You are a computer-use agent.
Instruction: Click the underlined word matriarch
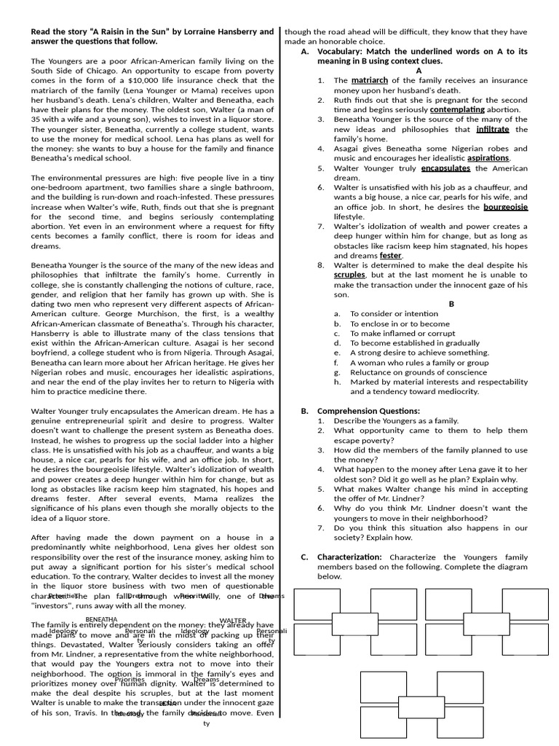coord(370,80)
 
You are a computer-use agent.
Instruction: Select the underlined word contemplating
coord(457,109)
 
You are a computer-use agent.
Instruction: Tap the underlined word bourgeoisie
coord(506,207)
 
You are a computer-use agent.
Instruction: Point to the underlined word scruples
coord(349,275)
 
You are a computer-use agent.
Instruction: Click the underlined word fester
coord(390,256)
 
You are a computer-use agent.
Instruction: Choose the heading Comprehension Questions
coord(378,411)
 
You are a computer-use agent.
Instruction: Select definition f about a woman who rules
coord(419,362)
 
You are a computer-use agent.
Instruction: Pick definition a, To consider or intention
coord(394,313)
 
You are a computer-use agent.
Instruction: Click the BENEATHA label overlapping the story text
coord(101,619)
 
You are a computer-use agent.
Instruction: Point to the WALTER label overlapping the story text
coord(233,620)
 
